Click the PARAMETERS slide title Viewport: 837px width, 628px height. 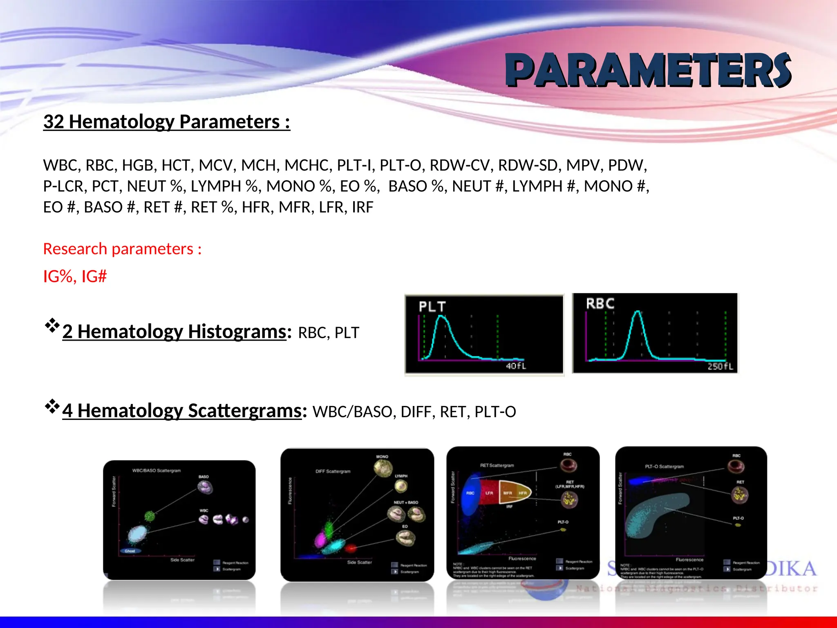pyautogui.click(x=649, y=70)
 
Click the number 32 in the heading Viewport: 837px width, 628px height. pyautogui.click(x=54, y=122)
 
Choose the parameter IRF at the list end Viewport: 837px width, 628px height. pyautogui.click(x=362, y=207)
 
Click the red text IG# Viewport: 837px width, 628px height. pyautogui.click(x=94, y=276)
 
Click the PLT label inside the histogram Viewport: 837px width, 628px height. pyautogui.click(x=432, y=307)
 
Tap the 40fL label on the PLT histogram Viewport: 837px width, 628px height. pyautogui.click(x=516, y=366)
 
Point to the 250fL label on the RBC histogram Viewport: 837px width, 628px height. pyautogui.click(x=720, y=366)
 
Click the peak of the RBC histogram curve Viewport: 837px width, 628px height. pyautogui.click(x=638, y=312)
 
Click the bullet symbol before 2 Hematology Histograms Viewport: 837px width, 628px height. pyautogui.click(x=52, y=326)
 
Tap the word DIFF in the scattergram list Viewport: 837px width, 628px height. pyautogui.click(x=416, y=412)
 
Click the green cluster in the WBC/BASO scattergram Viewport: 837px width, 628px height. pyautogui.click(x=150, y=516)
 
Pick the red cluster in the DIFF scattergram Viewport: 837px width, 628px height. pyautogui.click(x=350, y=548)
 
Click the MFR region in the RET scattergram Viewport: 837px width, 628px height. pyautogui.click(x=507, y=493)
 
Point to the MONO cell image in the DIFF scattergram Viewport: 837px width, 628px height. pyautogui.click(x=383, y=468)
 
